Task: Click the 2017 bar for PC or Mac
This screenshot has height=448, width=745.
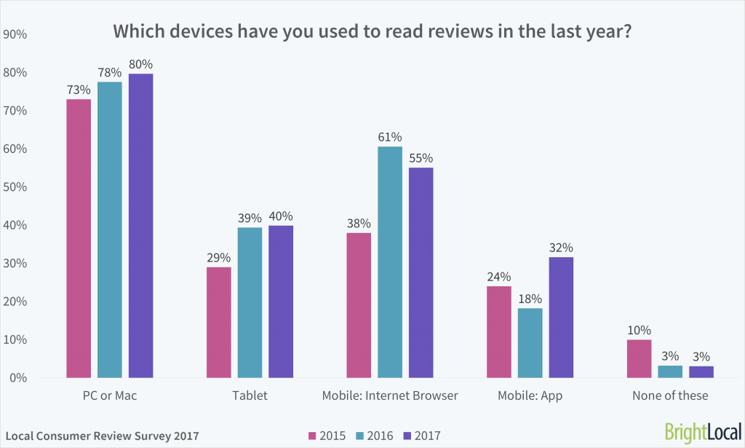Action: coord(141,226)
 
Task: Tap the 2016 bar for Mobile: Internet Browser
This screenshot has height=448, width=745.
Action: coord(390,262)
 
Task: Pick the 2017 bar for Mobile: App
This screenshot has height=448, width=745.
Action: coord(561,317)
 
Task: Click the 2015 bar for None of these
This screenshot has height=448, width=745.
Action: coord(639,358)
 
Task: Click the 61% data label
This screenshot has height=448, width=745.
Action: coord(390,137)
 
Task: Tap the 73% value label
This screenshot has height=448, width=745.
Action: coord(79,90)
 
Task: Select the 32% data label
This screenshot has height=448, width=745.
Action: coord(561,248)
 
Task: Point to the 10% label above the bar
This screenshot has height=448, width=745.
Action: coord(639,330)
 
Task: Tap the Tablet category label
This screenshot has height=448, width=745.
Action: coord(250,396)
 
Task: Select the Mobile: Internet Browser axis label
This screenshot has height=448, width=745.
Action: coord(390,396)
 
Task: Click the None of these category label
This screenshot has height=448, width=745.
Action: coord(670,396)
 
